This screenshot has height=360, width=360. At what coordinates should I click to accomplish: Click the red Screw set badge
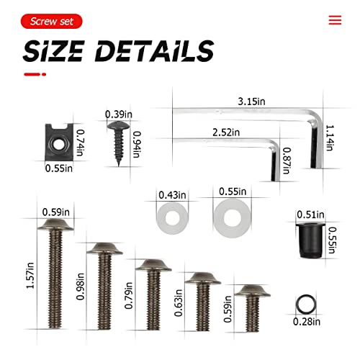51,22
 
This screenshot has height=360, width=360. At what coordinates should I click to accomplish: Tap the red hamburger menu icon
335,20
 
